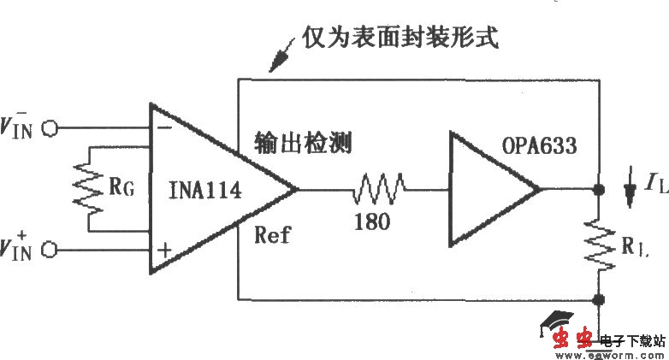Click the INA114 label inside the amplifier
(205, 191)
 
